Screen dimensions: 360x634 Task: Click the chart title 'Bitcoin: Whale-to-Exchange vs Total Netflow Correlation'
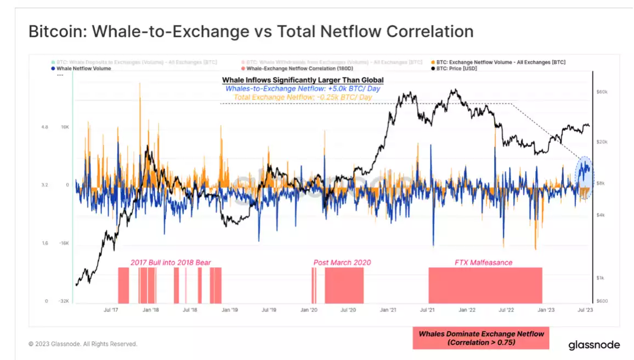click(251, 31)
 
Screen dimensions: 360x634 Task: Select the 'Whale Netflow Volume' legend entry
click(83, 69)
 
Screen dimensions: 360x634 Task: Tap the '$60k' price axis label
click(602, 92)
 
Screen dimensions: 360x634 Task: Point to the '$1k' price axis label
click(601, 278)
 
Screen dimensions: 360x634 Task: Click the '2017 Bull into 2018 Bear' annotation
click(171, 262)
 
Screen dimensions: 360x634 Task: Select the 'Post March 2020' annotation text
click(342, 262)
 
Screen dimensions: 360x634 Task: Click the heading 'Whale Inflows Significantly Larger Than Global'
click(303, 80)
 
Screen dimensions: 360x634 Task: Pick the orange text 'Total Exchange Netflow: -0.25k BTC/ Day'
click(303, 97)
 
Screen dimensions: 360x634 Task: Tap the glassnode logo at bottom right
click(594, 345)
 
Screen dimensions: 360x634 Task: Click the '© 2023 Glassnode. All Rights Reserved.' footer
click(83, 344)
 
